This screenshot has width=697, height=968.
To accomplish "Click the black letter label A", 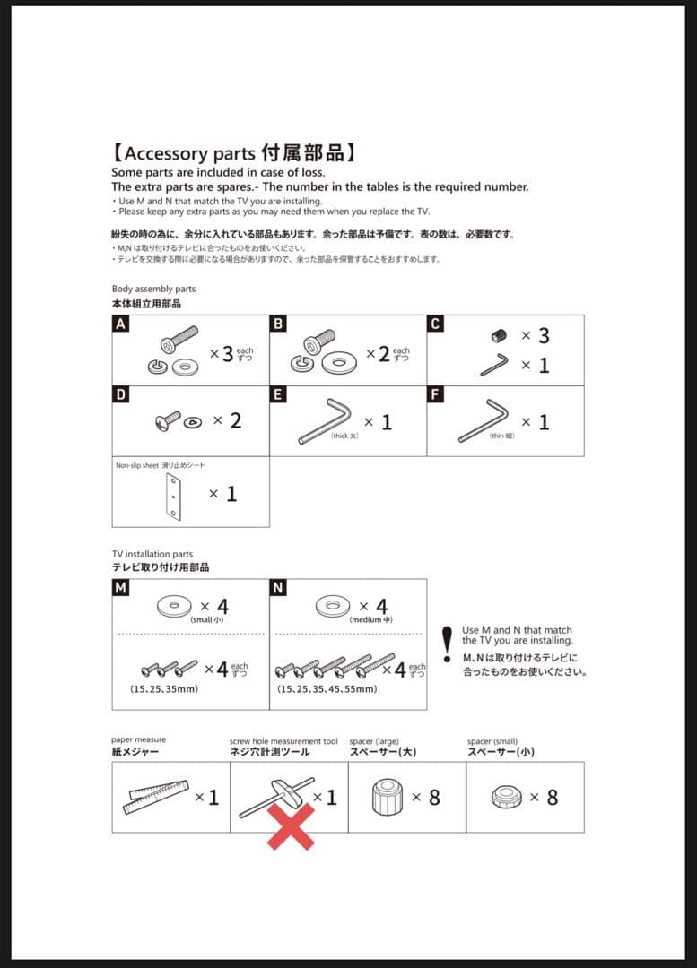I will point(119,324).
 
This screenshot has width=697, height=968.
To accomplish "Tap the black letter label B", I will point(278,324).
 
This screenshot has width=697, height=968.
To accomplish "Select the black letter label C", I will point(435,324).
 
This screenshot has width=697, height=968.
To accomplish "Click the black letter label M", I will point(120,588).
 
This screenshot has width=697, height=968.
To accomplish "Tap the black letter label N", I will point(278,588).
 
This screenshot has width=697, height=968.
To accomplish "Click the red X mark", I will point(291,825).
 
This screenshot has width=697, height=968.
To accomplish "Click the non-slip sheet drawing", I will point(173,496).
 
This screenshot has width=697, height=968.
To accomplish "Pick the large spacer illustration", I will point(384,797).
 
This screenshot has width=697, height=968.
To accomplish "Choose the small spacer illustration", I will point(507,797).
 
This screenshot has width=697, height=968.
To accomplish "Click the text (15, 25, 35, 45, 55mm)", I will point(327,689).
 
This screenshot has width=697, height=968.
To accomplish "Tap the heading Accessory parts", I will point(189,152).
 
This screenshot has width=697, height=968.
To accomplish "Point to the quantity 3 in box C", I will point(542,336).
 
